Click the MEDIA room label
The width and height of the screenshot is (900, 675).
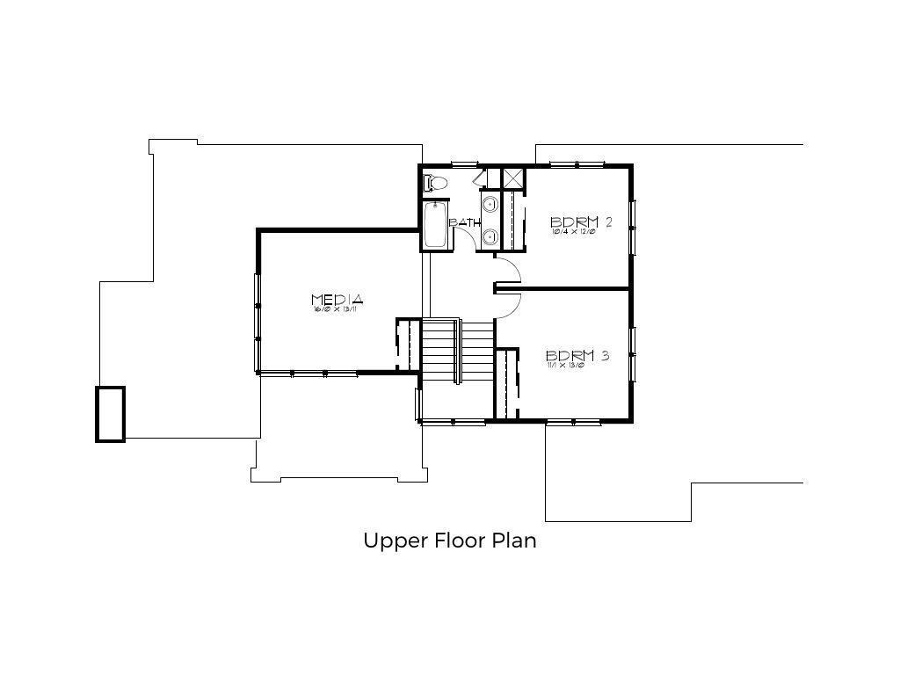[x=337, y=300]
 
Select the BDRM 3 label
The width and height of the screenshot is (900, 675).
[x=577, y=356]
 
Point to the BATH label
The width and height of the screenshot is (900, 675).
[x=464, y=222]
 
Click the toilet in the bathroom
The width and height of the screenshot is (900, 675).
[x=435, y=183]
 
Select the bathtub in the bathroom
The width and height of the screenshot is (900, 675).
[x=435, y=226]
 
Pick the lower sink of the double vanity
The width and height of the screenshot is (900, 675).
[x=490, y=236]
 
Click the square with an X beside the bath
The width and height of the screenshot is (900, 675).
[x=512, y=177]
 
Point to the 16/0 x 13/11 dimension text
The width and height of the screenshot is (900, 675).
[x=337, y=309]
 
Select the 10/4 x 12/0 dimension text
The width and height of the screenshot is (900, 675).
[x=574, y=232]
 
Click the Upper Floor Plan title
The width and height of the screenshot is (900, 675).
[x=449, y=540]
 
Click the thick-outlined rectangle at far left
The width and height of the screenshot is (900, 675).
[x=110, y=413]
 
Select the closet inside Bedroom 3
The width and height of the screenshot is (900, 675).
[x=506, y=383]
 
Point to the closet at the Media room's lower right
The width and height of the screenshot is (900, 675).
[x=405, y=345]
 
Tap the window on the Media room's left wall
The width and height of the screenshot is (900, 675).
[x=258, y=306]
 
